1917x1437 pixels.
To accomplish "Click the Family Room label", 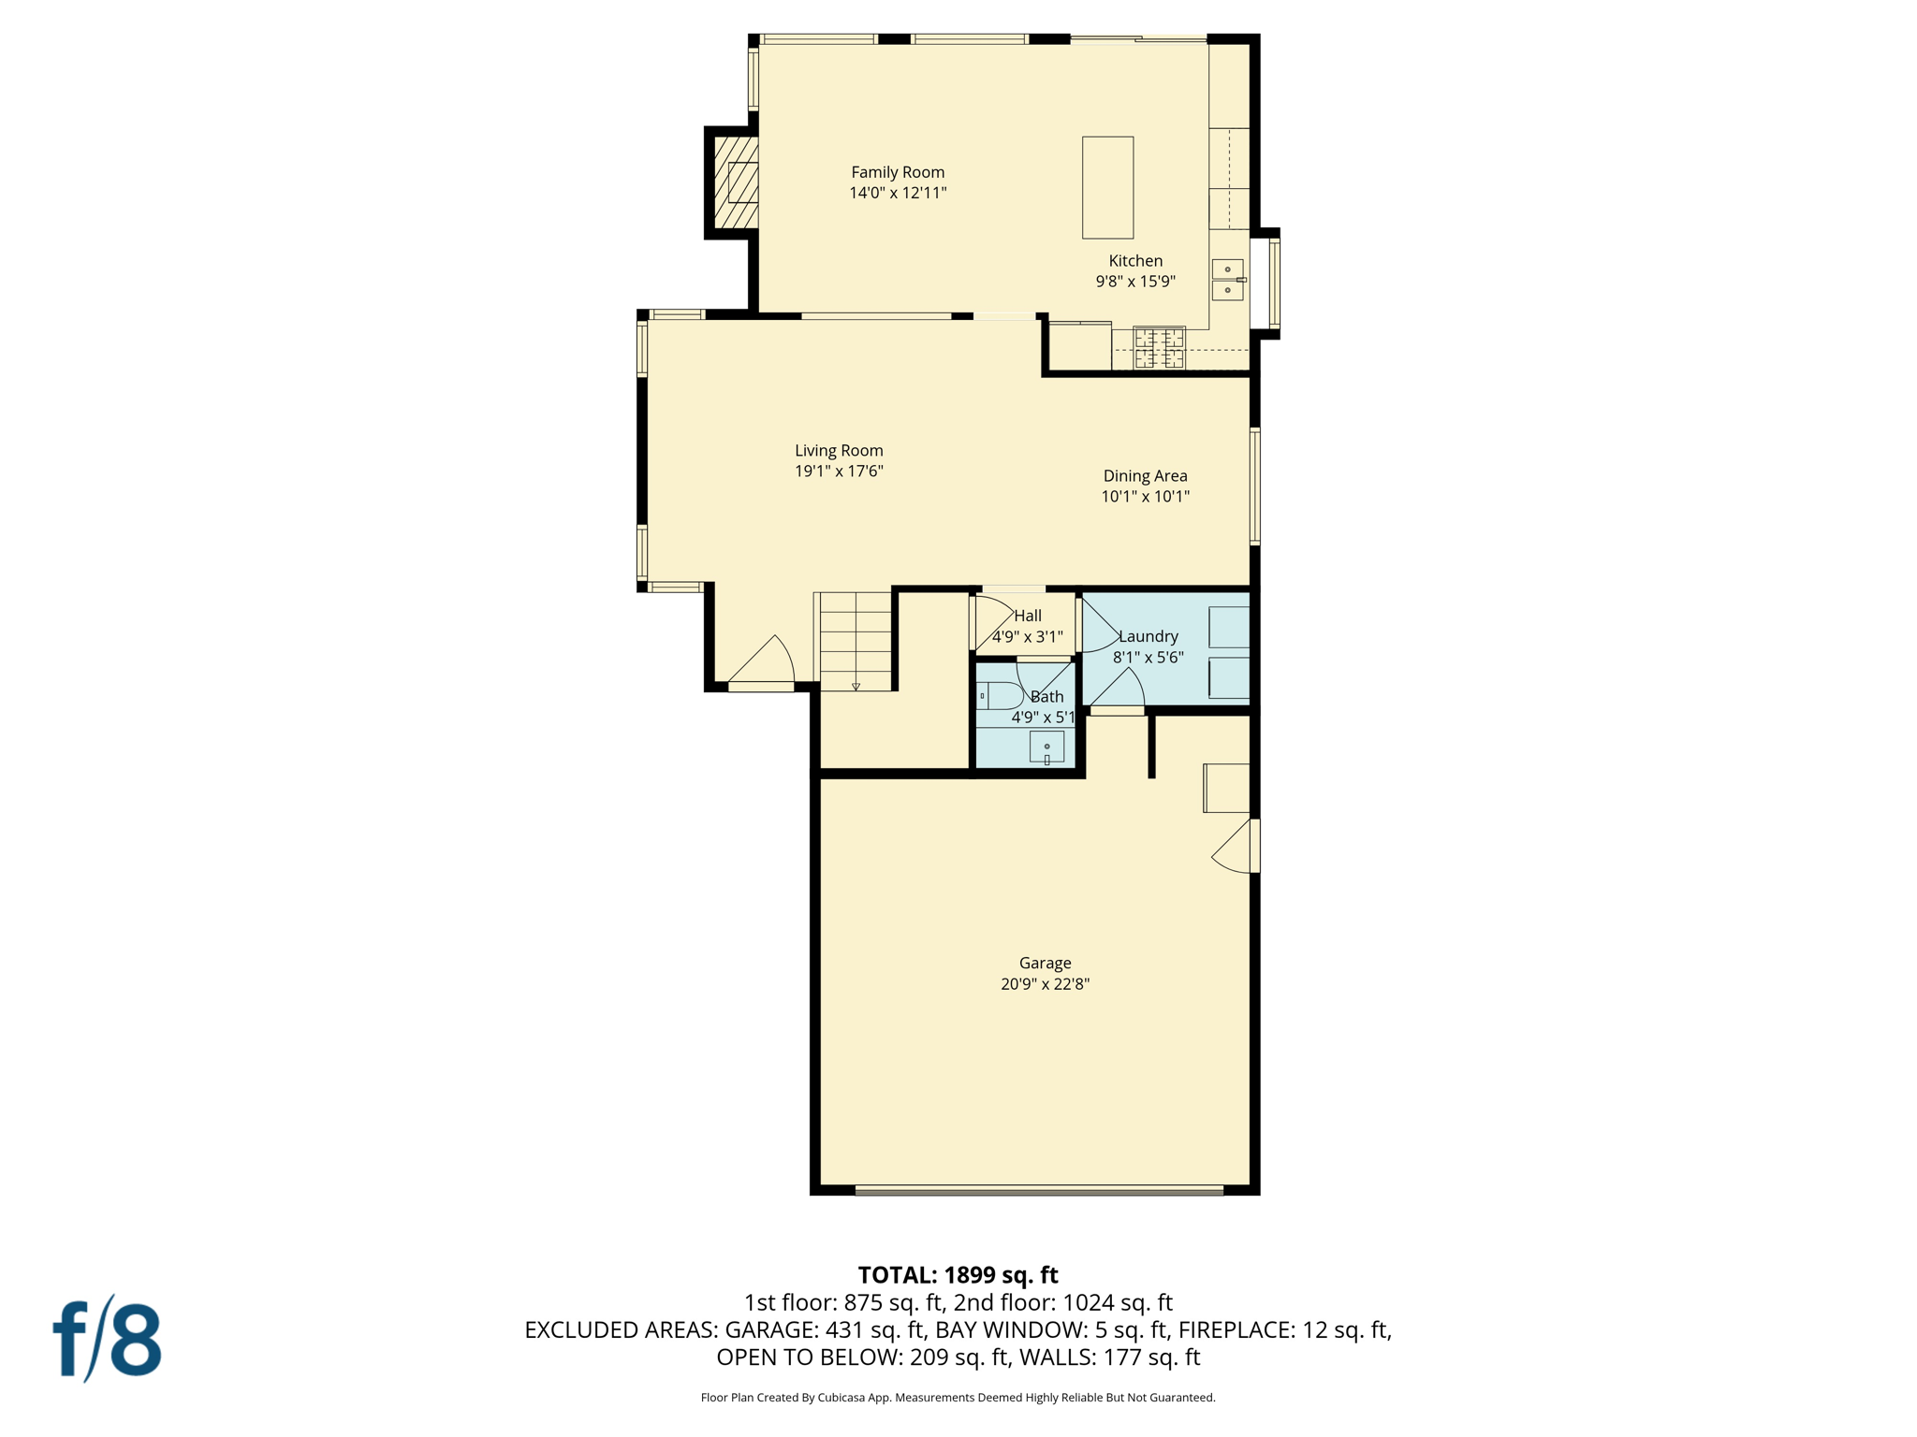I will pyautogui.click(x=897, y=172).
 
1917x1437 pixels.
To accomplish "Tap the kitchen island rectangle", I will pyautogui.click(x=1107, y=187).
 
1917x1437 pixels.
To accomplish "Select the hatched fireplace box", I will pyautogui.click(x=737, y=182).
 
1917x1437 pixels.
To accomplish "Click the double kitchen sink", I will pyautogui.click(x=1227, y=280).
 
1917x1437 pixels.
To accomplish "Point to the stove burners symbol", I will pyautogui.click(x=1159, y=348).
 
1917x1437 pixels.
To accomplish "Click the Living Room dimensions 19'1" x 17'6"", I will pyautogui.click(x=839, y=472).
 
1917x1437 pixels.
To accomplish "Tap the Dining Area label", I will pyautogui.click(x=1145, y=475).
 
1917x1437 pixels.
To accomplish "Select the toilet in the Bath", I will pyautogui.click(x=1000, y=696).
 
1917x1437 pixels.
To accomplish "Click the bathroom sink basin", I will pyautogui.click(x=1046, y=747).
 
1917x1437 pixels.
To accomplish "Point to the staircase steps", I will pyautogui.click(x=856, y=641).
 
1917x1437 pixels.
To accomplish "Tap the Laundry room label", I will pyautogui.click(x=1149, y=636).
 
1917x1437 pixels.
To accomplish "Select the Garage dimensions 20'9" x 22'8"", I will pyautogui.click(x=1045, y=983).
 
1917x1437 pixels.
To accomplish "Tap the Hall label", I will pyautogui.click(x=1028, y=616).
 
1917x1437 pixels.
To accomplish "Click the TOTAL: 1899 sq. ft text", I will pyautogui.click(x=958, y=1275).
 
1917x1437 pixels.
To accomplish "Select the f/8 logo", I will pyautogui.click(x=107, y=1340).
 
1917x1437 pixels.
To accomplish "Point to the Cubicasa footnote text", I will pyautogui.click(x=958, y=1398).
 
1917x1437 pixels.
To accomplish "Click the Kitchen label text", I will pyautogui.click(x=1135, y=261).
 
